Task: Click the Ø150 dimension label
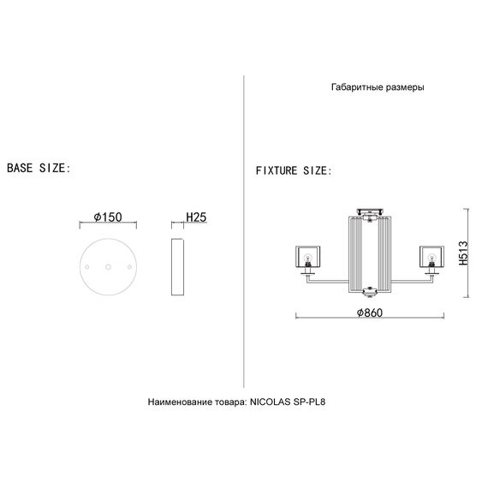coord(108,217)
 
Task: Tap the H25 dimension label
coord(196,217)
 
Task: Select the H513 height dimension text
coord(463,253)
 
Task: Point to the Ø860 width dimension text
coord(370,312)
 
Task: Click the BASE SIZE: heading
coord(39,168)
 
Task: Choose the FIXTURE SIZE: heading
coord(294,170)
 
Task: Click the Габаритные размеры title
coord(378,87)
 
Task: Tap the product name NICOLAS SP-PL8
coord(288,402)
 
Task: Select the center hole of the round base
coord(108,267)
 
